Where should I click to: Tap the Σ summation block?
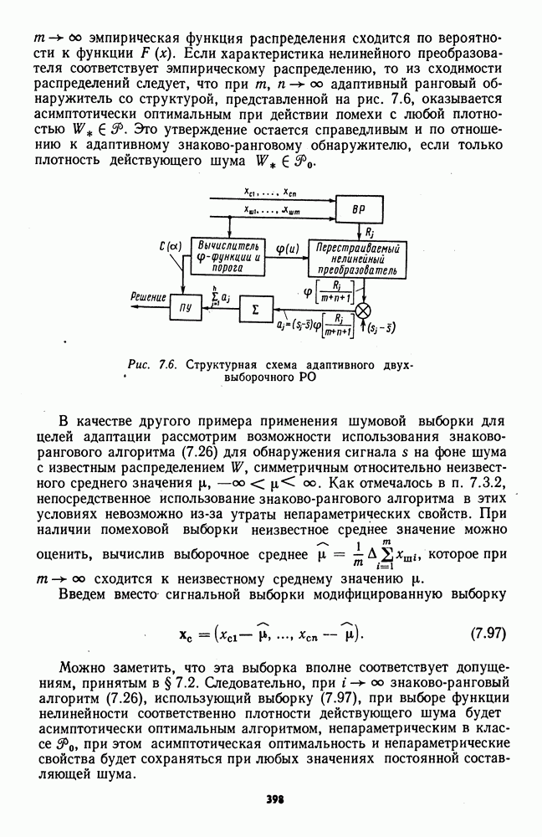256,309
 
